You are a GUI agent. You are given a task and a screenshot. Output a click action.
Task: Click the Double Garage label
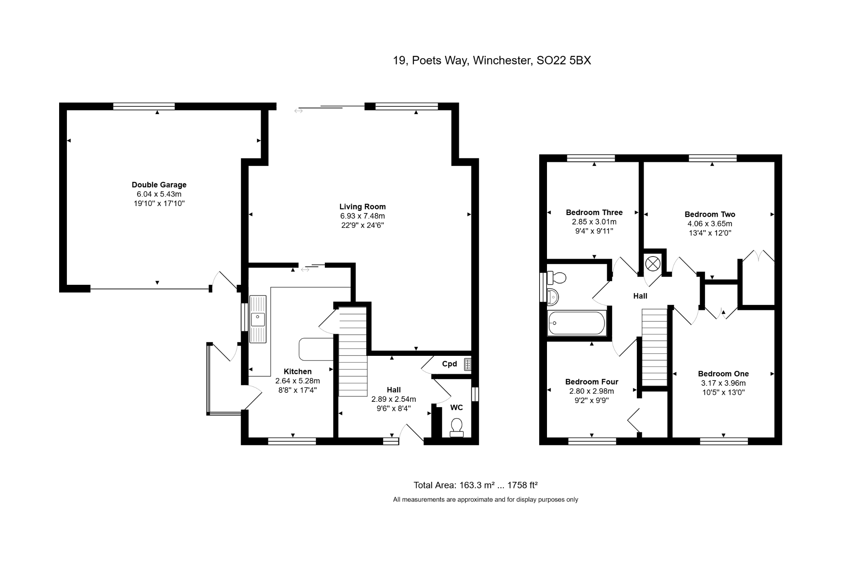(x=159, y=185)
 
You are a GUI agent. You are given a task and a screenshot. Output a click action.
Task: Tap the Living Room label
(x=362, y=207)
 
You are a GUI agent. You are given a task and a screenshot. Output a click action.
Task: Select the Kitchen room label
(x=297, y=371)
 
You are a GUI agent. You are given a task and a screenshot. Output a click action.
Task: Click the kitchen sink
(x=258, y=319)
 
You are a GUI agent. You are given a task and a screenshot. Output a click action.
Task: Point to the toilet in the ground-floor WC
(x=456, y=427)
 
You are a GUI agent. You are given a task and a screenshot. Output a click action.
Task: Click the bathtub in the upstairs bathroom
(x=577, y=323)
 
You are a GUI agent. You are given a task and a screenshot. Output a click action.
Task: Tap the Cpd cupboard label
(x=449, y=364)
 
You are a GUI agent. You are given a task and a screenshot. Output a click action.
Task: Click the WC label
(x=456, y=407)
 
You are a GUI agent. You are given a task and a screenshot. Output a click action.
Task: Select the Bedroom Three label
(x=594, y=212)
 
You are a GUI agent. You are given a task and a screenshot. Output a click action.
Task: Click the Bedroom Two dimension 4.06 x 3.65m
(x=710, y=224)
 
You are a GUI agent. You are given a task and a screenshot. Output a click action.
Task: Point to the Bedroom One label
(x=723, y=374)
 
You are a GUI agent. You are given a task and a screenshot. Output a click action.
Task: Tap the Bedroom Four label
(x=591, y=382)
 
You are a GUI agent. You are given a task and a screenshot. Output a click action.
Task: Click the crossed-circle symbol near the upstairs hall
(x=653, y=264)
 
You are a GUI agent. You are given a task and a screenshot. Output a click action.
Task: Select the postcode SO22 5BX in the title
(x=564, y=60)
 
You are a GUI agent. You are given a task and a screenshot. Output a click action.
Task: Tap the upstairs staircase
(x=655, y=347)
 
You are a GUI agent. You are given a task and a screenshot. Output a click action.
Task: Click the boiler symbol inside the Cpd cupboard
(x=467, y=364)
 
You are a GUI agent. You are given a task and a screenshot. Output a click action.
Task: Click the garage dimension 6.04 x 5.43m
(x=159, y=194)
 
